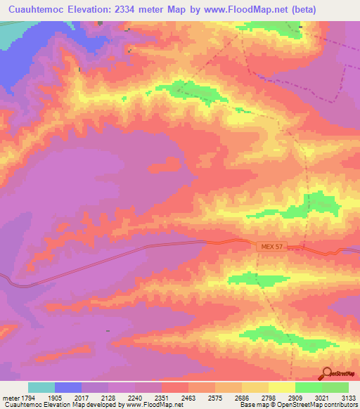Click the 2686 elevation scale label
pos(243,397)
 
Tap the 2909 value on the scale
pos(296,397)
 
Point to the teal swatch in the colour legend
pos(41,387)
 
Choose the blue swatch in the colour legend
pos(68,387)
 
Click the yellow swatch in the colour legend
pos(282,387)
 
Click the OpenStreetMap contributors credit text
pos(319,405)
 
